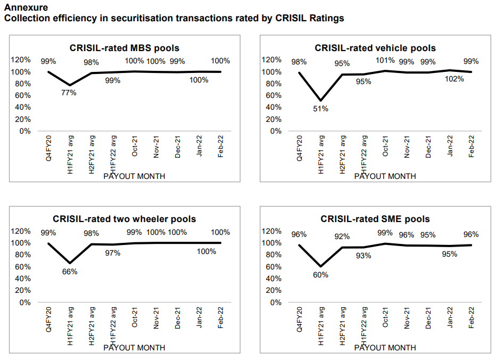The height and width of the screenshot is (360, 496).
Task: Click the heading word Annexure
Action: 26,7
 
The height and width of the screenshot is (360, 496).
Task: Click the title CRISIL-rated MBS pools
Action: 125,48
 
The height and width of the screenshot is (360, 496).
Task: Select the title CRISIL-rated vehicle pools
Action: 375,48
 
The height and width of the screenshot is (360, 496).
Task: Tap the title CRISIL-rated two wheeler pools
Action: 125,219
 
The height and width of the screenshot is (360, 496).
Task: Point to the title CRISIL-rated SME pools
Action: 375,219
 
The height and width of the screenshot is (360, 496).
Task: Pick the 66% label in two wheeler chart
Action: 69,271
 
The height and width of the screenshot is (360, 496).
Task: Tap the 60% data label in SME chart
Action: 320,275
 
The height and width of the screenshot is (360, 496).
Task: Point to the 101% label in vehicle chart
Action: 385,61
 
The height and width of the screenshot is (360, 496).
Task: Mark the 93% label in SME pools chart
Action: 363,256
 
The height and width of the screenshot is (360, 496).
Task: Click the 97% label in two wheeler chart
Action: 112,253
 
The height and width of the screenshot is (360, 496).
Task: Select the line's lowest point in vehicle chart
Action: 320,100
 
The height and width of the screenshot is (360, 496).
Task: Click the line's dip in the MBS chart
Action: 69,85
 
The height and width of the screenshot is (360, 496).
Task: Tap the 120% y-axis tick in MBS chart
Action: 21,60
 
